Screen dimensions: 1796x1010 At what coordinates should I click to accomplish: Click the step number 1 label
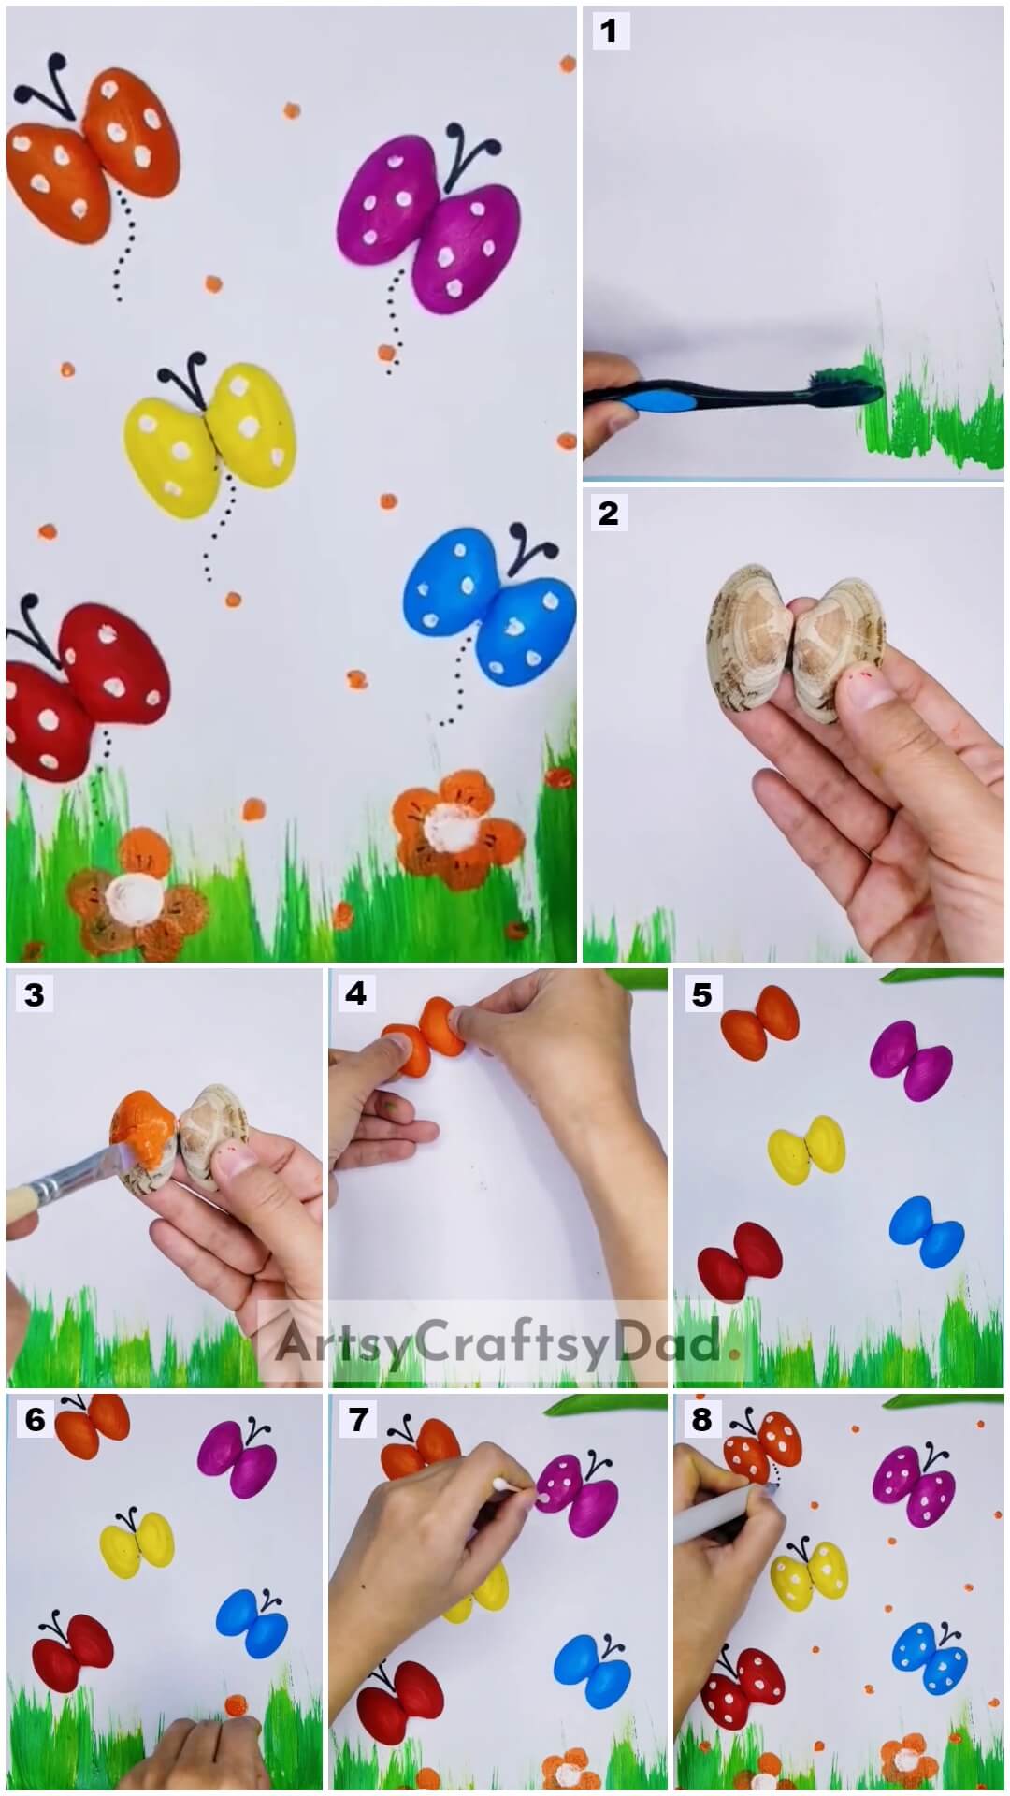(x=609, y=32)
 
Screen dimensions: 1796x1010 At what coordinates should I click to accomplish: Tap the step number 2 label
(x=609, y=513)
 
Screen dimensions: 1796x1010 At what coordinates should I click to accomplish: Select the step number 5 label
(x=701, y=994)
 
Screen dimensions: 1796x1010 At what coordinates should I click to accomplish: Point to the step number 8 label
(x=701, y=1420)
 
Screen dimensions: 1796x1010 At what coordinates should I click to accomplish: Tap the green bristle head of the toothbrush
(x=846, y=385)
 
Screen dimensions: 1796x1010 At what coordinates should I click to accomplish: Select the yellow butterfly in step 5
(x=806, y=1150)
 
